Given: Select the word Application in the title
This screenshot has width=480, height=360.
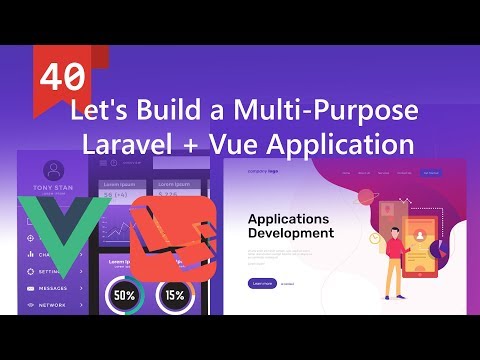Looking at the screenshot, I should [334, 143].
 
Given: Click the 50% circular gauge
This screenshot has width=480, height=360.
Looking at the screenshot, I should [125, 295].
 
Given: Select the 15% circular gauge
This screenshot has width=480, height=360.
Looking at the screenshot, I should [176, 295].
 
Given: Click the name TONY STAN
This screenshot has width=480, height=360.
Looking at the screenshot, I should [53, 188].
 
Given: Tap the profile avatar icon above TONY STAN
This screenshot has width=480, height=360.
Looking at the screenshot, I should [54, 169].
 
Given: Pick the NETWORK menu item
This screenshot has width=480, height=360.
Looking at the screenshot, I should [53, 303].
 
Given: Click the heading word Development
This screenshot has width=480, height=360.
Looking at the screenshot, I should [291, 233].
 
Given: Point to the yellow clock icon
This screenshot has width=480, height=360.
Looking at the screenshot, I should [371, 211].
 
